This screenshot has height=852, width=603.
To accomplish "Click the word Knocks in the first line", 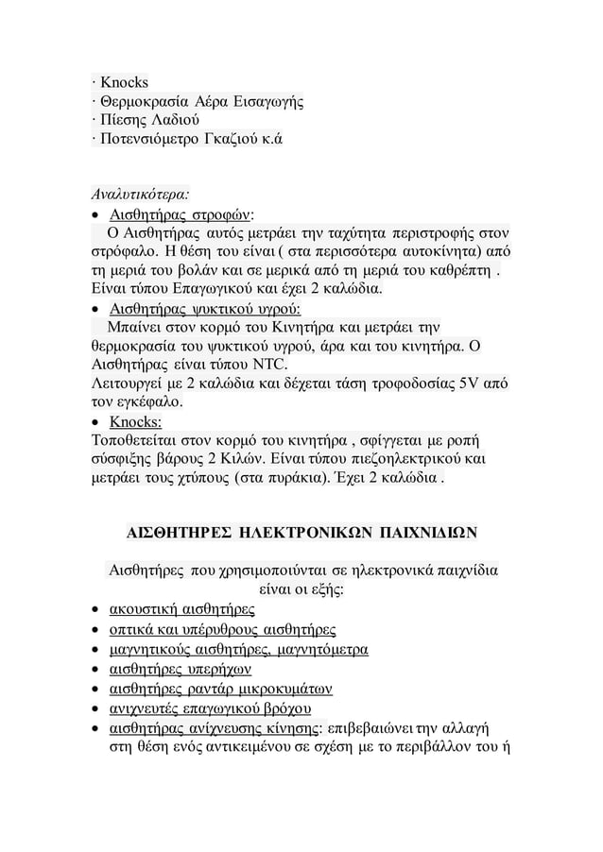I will point(124,83).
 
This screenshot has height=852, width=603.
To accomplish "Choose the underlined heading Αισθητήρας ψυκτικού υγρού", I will point(205,310).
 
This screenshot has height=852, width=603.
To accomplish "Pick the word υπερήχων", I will point(218,670).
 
